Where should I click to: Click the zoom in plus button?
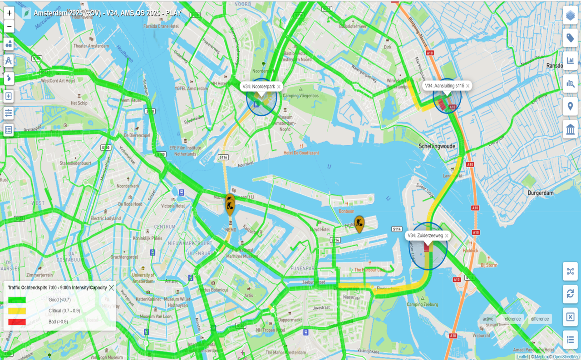tap(9, 13)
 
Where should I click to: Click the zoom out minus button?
tap(9, 27)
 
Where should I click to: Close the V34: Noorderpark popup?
tap(279, 86)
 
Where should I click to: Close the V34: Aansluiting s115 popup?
tap(468, 86)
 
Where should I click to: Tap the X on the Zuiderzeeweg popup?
tap(447, 236)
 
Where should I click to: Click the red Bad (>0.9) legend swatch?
tap(17, 322)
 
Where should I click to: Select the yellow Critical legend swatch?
tap(17, 311)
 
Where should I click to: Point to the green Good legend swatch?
tap(17, 300)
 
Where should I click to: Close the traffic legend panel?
tap(111, 287)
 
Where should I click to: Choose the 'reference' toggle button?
tap(512, 319)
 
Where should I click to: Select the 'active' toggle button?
tap(488, 319)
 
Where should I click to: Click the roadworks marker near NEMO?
tap(230, 204)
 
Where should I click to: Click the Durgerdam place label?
tap(541, 192)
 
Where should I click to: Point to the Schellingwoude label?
tap(437, 146)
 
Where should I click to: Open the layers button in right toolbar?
tap(570, 15)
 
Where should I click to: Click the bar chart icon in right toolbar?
tap(570, 60)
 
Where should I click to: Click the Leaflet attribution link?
tap(522, 357)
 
